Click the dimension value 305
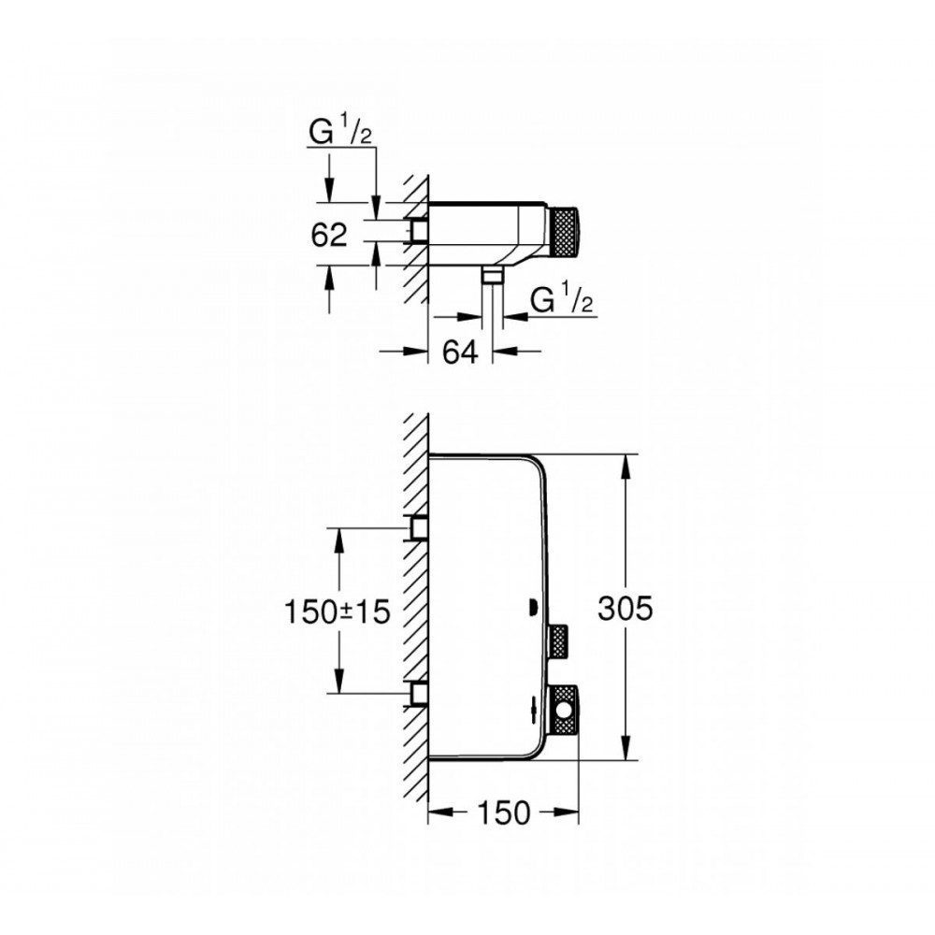click(x=626, y=609)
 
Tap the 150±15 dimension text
click(x=337, y=611)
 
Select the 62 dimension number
click(x=328, y=235)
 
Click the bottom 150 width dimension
click(x=503, y=813)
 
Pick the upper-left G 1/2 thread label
click(x=340, y=133)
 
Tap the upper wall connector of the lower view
click(x=417, y=527)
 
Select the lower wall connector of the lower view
click(x=417, y=694)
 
